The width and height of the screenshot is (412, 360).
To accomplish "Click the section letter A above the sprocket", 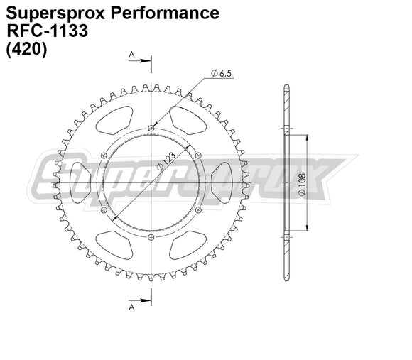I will coord(131,54).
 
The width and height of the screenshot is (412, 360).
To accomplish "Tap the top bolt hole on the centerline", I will coord(151,128).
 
